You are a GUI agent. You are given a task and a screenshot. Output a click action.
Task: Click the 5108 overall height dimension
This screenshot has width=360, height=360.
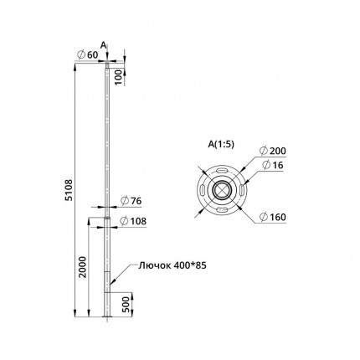coord(69,190)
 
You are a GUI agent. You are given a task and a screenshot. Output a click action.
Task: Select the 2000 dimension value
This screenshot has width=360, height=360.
coord(83,267)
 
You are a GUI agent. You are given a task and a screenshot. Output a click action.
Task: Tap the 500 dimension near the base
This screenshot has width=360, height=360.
coord(126,305)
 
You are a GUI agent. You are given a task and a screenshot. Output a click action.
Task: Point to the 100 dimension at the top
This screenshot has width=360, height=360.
coord(119,78)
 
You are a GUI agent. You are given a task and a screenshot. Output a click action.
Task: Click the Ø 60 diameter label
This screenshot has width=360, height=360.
coord(88,55)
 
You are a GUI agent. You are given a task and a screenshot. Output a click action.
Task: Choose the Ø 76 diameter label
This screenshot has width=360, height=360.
coord(131,201)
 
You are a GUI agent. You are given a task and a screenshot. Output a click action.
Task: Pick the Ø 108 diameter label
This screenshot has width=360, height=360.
coord(133,221)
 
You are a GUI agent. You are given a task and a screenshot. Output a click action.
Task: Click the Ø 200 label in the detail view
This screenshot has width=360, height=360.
coord(272,151)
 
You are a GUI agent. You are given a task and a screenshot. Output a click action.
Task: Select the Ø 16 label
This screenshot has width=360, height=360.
coord(273,165)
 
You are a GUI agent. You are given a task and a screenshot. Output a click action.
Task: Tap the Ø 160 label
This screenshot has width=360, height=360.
coord(272,217)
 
